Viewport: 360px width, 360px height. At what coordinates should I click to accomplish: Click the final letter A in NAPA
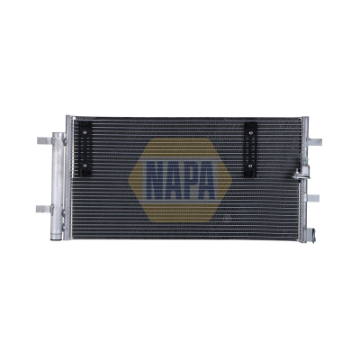[x=208, y=181]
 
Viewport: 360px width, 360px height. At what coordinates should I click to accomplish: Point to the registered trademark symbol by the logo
[x=226, y=218]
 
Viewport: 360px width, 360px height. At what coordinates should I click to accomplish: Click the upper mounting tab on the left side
[x=44, y=140]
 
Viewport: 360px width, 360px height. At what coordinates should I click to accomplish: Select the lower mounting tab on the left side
[x=43, y=209]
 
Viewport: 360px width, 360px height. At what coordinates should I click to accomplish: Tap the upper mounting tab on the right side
[x=315, y=142]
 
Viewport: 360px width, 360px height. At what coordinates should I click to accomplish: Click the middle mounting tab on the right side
[x=313, y=198]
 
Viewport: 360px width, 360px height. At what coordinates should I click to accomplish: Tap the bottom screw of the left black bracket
[x=85, y=165]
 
